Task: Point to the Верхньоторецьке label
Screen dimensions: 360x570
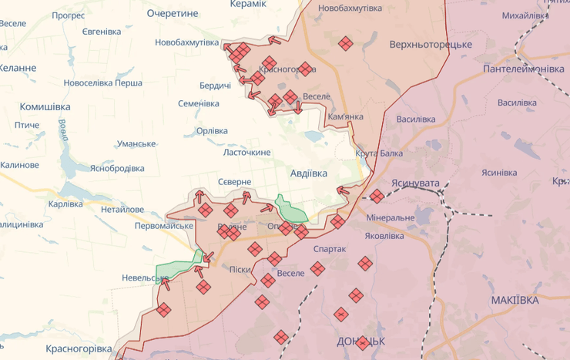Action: click(x=431, y=44)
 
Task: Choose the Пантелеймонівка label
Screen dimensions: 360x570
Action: click(x=523, y=69)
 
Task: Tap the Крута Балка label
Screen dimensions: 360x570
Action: click(x=379, y=153)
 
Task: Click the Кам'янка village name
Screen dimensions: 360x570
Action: click(x=345, y=116)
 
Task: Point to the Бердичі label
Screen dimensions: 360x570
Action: click(x=216, y=85)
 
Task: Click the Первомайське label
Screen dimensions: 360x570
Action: click(x=164, y=226)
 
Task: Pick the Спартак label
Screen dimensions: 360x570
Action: click(x=330, y=249)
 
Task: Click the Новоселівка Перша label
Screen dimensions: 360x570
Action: click(x=102, y=83)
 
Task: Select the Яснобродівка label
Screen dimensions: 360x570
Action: click(x=117, y=168)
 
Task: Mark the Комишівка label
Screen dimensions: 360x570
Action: click(x=45, y=106)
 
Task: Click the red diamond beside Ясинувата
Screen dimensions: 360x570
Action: click(x=377, y=196)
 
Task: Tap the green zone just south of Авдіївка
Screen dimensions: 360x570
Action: click(x=290, y=209)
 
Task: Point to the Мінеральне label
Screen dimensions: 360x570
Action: click(x=391, y=218)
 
